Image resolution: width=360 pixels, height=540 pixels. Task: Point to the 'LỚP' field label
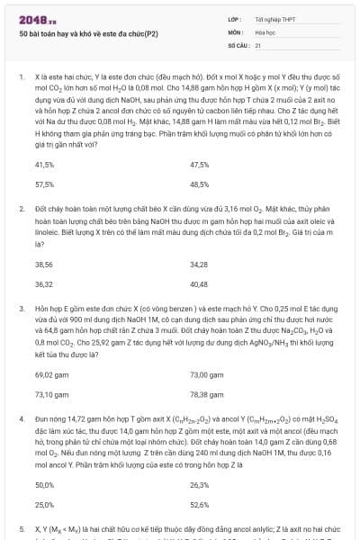click(x=235, y=19)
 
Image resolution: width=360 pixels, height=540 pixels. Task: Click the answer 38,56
click(x=43, y=265)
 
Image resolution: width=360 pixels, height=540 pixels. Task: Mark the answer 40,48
click(x=199, y=283)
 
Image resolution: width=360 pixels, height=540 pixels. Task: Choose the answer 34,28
click(x=199, y=265)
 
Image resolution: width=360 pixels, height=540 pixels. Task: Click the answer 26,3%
click(x=200, y=485)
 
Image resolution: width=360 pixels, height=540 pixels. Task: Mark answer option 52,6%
click(x=200, y=504)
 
